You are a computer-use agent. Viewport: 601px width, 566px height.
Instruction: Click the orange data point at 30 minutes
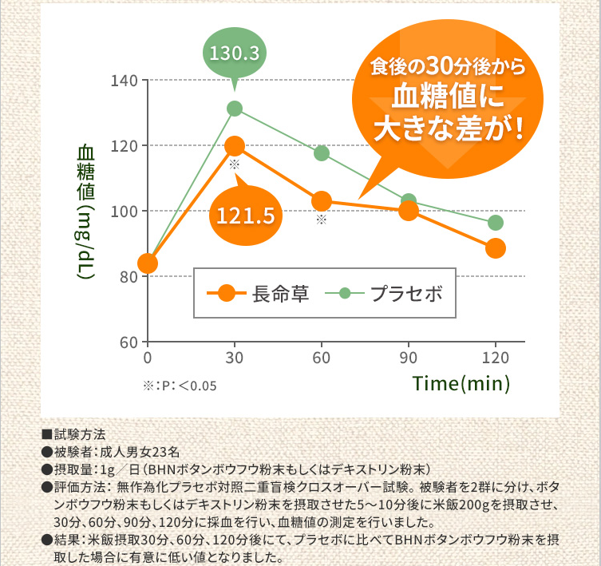pyautogui.click(x=235, y=146)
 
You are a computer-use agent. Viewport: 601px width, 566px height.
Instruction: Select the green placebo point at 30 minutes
pyautogui.click(x=235, y=109)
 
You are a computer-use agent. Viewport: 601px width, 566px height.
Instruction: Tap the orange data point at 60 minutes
pyautogui.click(x=322, y=200)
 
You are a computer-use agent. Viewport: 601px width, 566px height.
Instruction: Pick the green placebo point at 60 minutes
pyautogui.click(x=322, y=153)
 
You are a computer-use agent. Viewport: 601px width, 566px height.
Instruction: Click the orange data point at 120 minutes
pyautogui.click(x=496, y=248)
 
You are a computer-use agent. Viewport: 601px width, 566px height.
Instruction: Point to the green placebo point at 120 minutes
pyautogui.click(x=496, y=223)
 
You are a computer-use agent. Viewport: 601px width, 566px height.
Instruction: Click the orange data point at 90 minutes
pyautogui.click(x=409, y=211)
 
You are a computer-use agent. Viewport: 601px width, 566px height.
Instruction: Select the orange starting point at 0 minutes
pyautogui.click(x=148, y=263)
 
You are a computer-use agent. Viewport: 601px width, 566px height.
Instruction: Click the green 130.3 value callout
pyautogui.click(x=234, y=53)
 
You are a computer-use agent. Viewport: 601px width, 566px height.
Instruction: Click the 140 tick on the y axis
pyautogui.click(x=129, y=81)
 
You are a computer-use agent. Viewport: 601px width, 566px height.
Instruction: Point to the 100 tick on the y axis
pyautogui.click(x=129, y=212)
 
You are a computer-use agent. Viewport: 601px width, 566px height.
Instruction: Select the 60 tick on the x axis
pyautogui.click(x=322, y=356)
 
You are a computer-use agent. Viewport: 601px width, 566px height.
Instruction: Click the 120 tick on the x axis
pyautogui.click(x=496, y=356)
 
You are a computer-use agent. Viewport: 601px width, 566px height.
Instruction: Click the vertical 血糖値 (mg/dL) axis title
pyautogui.click(x=86, y=211)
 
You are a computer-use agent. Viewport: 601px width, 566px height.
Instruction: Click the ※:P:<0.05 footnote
pyautogui.click(x=180, y=385)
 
